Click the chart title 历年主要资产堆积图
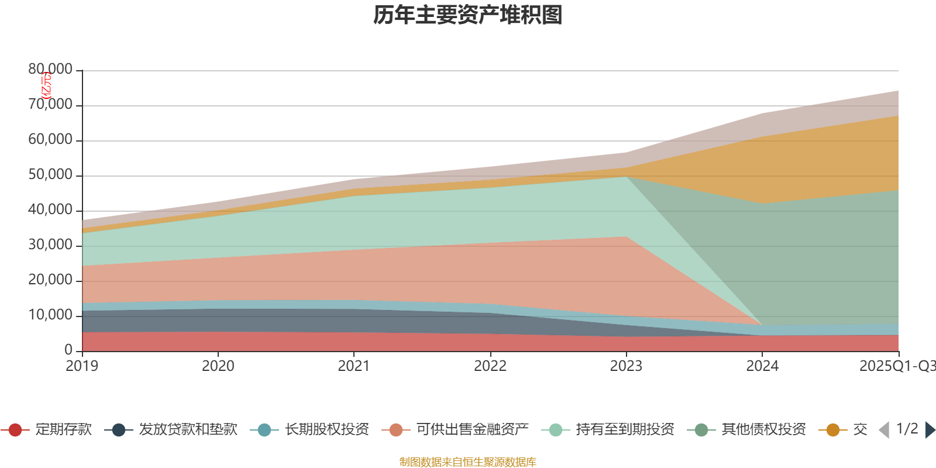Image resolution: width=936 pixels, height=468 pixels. pyautogui.click(x=468, y=15)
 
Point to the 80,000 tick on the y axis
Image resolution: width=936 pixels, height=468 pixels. pyautogui.click(x=50, y=70)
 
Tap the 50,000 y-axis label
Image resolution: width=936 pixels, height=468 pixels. pyautogui.click(x=50, y=175)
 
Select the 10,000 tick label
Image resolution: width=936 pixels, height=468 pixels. pyautogui.click(x=50, y=315)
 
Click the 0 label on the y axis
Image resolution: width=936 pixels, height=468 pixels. pyautogui.click(x=68, y=350)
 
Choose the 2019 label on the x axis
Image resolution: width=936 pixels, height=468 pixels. pyautogui.click(x=82, y=366)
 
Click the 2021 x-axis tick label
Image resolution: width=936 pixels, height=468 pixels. pyautogui.click(x=354, y=366)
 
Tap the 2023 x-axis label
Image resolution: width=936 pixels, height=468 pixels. pyautogui.click(x=626, y=366)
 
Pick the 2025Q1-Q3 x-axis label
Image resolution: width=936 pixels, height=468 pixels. pyautogui.click(x=896, y=366)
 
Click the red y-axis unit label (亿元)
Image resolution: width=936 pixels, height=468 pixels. pyautogui.click(x=46, y=85)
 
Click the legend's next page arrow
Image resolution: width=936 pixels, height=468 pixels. pyautogui.click(x=930, y=430)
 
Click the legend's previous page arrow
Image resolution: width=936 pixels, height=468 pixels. pyautogui.click(x=884, y=430)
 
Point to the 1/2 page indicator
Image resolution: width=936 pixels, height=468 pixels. pyautogui.click(x=907, y=429)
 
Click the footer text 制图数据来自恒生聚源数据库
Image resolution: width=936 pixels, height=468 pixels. pyautogui.click(x=468, y=462)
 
